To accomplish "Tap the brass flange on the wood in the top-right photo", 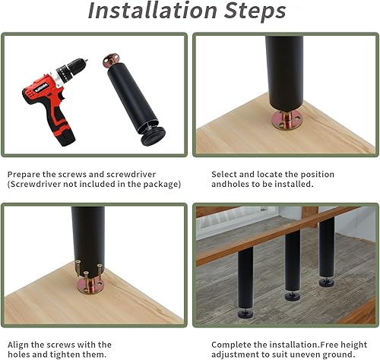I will coord(286,121).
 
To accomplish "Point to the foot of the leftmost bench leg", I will coord(245,312).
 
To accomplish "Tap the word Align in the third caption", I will coord(19,345).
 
